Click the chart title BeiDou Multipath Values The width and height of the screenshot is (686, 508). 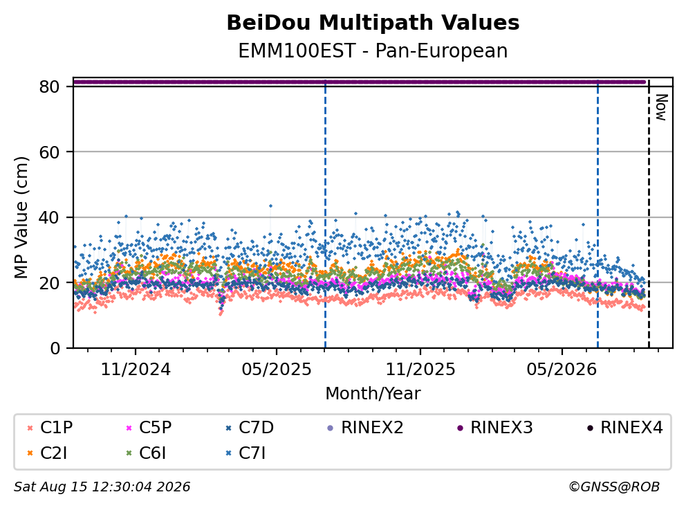(x=373, y=23)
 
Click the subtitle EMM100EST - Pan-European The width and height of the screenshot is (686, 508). (x=373, y=51)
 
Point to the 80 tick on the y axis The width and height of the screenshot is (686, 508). (x=49, y=87)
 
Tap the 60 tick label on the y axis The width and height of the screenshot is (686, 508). (x=49, y=152)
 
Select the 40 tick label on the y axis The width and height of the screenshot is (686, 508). (x=49, y=217)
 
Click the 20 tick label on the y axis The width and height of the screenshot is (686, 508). (x=49, y=283)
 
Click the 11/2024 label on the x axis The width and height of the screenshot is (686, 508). (x=136, y=370)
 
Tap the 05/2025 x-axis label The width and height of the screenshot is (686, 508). (x=277, y=370)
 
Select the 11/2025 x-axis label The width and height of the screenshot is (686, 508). (x=420, y=370)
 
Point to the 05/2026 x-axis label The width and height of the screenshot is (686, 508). (x=562, y=370)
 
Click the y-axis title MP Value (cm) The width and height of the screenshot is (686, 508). (x=21, y=217)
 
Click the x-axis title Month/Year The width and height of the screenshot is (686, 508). (x=373, y=394)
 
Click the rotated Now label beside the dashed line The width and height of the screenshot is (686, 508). (x=661, y=107)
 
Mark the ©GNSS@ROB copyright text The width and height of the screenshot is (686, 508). (x=614, y=487)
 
